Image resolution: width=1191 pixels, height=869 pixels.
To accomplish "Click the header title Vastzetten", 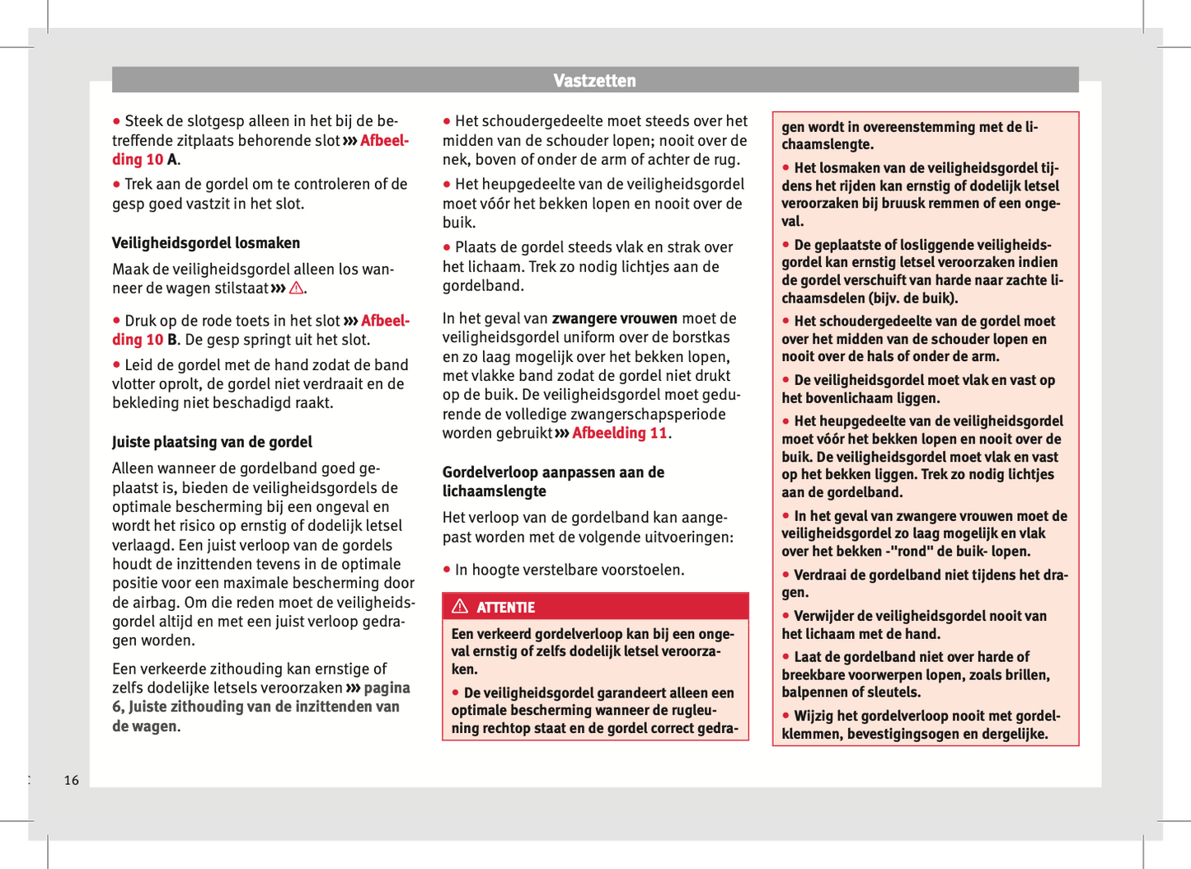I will click(x=594, y=81).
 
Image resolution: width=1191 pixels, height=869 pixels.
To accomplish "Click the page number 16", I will click(x=72, y=780).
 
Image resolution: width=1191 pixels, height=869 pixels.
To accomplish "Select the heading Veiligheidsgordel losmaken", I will click(x=206, y=243).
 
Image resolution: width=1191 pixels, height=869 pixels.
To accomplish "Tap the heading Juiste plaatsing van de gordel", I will click(x=212, y=443).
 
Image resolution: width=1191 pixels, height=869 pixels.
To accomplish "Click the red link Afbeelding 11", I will click(x=619, y=434).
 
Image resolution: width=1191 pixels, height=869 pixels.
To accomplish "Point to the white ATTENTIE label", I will click(x=505, y=608).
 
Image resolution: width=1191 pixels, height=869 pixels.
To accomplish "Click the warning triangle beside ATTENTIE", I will click(x=461, y=607).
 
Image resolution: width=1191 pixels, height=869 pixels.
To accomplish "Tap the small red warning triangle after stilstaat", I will click(x=296, y=289).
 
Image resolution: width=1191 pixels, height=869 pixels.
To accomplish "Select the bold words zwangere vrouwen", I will click(x=614, y=319).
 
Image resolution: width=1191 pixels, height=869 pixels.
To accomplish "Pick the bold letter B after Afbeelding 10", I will click(x=172, y=340).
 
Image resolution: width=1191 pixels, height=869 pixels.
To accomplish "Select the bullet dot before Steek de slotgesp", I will click(x=117, y=122).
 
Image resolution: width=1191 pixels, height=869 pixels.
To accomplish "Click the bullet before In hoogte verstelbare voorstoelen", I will click(x=447, y=570).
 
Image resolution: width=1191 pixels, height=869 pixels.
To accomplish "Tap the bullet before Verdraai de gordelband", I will click(x=786, y=575).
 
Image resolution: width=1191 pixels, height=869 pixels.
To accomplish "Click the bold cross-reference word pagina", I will click(x=387, y=688).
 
